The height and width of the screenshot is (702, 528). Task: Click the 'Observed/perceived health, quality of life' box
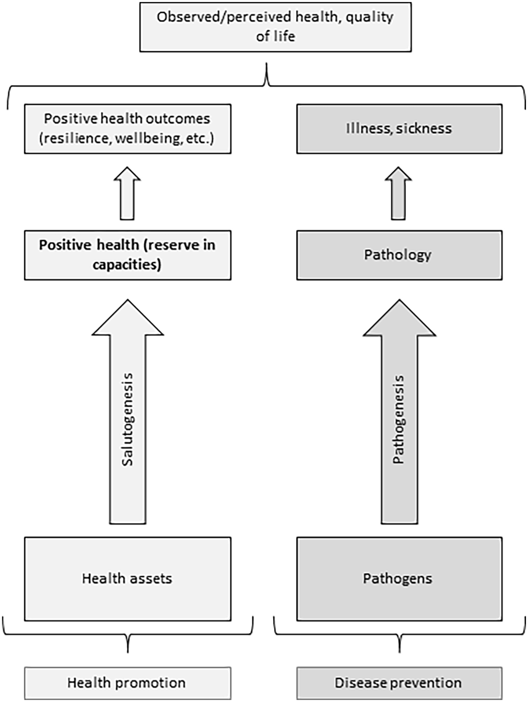point(276,27)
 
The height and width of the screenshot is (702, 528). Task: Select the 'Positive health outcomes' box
point(128,129)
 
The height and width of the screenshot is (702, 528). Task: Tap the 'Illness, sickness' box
point(399,129)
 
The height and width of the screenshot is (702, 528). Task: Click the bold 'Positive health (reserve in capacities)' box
point(128,255)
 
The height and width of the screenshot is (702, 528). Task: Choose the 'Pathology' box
point(399,255)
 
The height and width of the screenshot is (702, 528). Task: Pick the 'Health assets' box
point(128,579)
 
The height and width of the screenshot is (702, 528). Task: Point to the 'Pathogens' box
point(399,579)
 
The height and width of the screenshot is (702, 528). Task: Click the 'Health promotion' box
point(128,683)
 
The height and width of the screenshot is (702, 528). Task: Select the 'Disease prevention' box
point(399,683)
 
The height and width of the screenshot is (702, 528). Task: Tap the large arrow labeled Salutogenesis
point(128,411)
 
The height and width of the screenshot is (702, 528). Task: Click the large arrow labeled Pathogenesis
point(399,411)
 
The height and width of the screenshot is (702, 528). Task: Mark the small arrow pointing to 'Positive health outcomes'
point(127,193)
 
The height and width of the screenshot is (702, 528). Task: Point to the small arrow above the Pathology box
point(398,193)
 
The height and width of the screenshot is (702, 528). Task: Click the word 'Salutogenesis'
point(127,420)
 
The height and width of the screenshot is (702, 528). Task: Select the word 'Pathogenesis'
point(399,420)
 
